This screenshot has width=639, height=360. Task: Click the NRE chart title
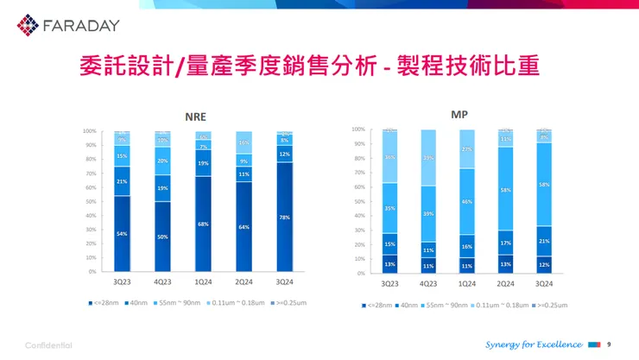(195, 117)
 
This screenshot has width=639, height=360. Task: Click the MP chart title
(459, 114)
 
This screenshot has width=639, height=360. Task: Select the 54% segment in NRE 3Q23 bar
(123, 234)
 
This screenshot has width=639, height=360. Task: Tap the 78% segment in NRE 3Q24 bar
(284, 218)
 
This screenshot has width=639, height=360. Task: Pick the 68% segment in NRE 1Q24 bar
(203, 224)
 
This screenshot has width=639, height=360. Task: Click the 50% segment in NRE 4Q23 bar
(162, 237)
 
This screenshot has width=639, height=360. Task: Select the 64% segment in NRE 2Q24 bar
(244, 227)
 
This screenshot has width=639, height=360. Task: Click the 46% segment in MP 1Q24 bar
(466, 201)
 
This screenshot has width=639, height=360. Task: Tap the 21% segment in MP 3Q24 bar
(544, 241)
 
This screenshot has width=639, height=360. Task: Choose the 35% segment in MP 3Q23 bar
(389, 208)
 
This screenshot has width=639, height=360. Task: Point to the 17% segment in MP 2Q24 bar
(505, 243)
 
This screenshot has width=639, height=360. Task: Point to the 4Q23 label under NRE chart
(162, 282)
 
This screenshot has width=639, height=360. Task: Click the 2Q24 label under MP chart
(505, 283)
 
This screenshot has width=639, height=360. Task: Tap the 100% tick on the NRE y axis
(89, 131)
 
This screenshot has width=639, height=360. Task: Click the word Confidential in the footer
(48, 345)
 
